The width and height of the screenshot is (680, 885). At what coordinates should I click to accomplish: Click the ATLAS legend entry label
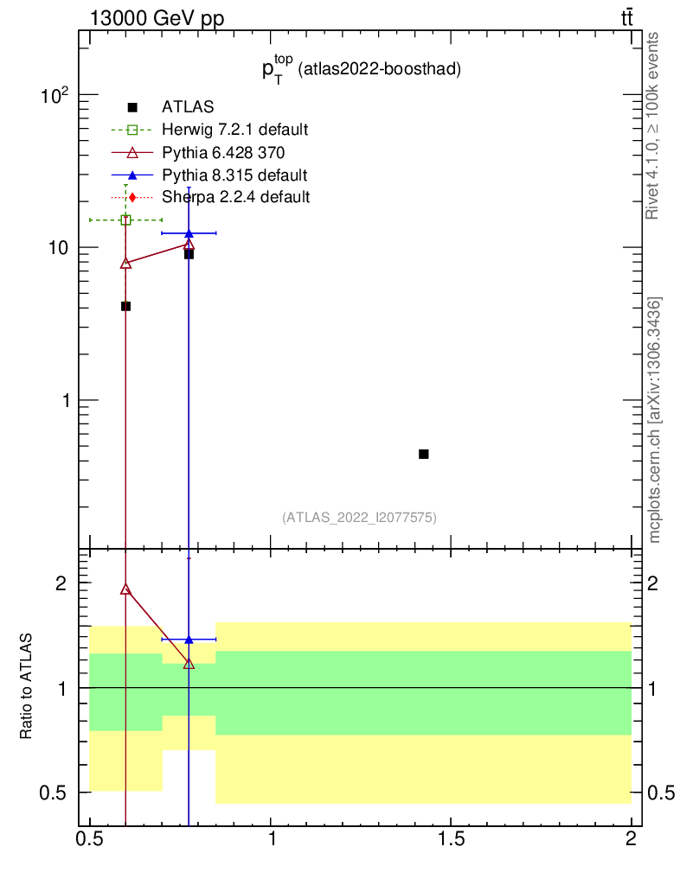(188, 107)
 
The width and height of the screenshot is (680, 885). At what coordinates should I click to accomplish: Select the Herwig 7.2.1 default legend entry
(234, 130)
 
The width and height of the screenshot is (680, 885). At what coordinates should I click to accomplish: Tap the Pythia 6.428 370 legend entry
(223, 152)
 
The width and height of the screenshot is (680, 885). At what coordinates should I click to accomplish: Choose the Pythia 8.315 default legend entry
(234, 175)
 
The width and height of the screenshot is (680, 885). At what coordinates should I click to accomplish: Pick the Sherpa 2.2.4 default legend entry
(235, 197)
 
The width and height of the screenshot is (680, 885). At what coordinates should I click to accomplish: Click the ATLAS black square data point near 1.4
(424, 454)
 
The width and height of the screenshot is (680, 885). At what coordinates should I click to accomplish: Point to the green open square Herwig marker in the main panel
(125, 220)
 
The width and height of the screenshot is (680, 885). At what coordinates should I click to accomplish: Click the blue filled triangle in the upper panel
(189, 233)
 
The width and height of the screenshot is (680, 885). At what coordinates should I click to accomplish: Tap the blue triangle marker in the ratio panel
(189, 640)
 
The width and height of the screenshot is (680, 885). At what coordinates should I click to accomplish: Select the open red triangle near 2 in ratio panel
(125, 589)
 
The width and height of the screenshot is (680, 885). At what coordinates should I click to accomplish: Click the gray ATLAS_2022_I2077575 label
(358, 518)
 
